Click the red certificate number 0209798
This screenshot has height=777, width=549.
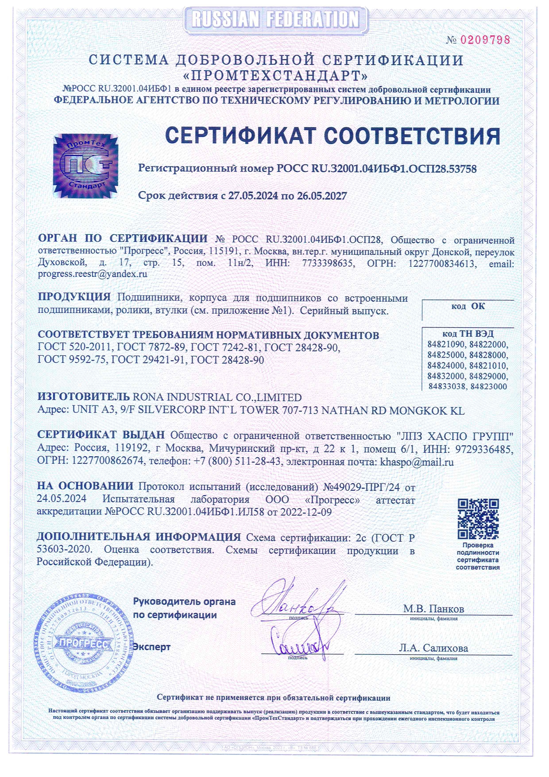point(485,40)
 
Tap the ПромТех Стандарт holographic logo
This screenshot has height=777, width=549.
point(86,166)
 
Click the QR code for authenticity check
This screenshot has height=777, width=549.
point(478,519)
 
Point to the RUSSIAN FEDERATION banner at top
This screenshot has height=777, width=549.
point(275,19)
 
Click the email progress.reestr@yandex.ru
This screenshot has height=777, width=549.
point(93,274)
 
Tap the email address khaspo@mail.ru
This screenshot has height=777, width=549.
point(417,462)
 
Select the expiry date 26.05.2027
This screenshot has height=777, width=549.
point(322,196)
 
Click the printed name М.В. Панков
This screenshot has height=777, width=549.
point(433,609)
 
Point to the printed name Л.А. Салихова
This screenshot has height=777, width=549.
point(433,648)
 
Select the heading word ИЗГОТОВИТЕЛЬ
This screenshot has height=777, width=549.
point(84,397)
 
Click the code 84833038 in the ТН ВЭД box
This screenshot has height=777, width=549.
point(447,386)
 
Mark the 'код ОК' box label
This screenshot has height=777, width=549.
point(468,306)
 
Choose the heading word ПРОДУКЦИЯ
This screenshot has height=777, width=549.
point(74,297)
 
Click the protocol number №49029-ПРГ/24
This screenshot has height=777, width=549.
point(361,487)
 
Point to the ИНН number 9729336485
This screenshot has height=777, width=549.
point(484,450)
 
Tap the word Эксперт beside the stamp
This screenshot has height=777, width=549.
point(152,647)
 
